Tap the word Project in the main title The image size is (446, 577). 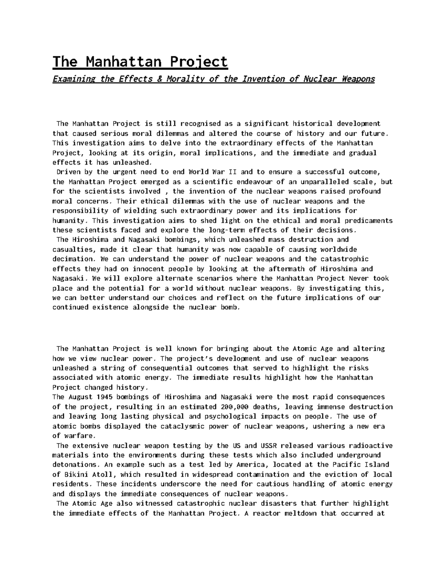coord(198,61)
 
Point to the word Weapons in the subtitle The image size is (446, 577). coord(359,79)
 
